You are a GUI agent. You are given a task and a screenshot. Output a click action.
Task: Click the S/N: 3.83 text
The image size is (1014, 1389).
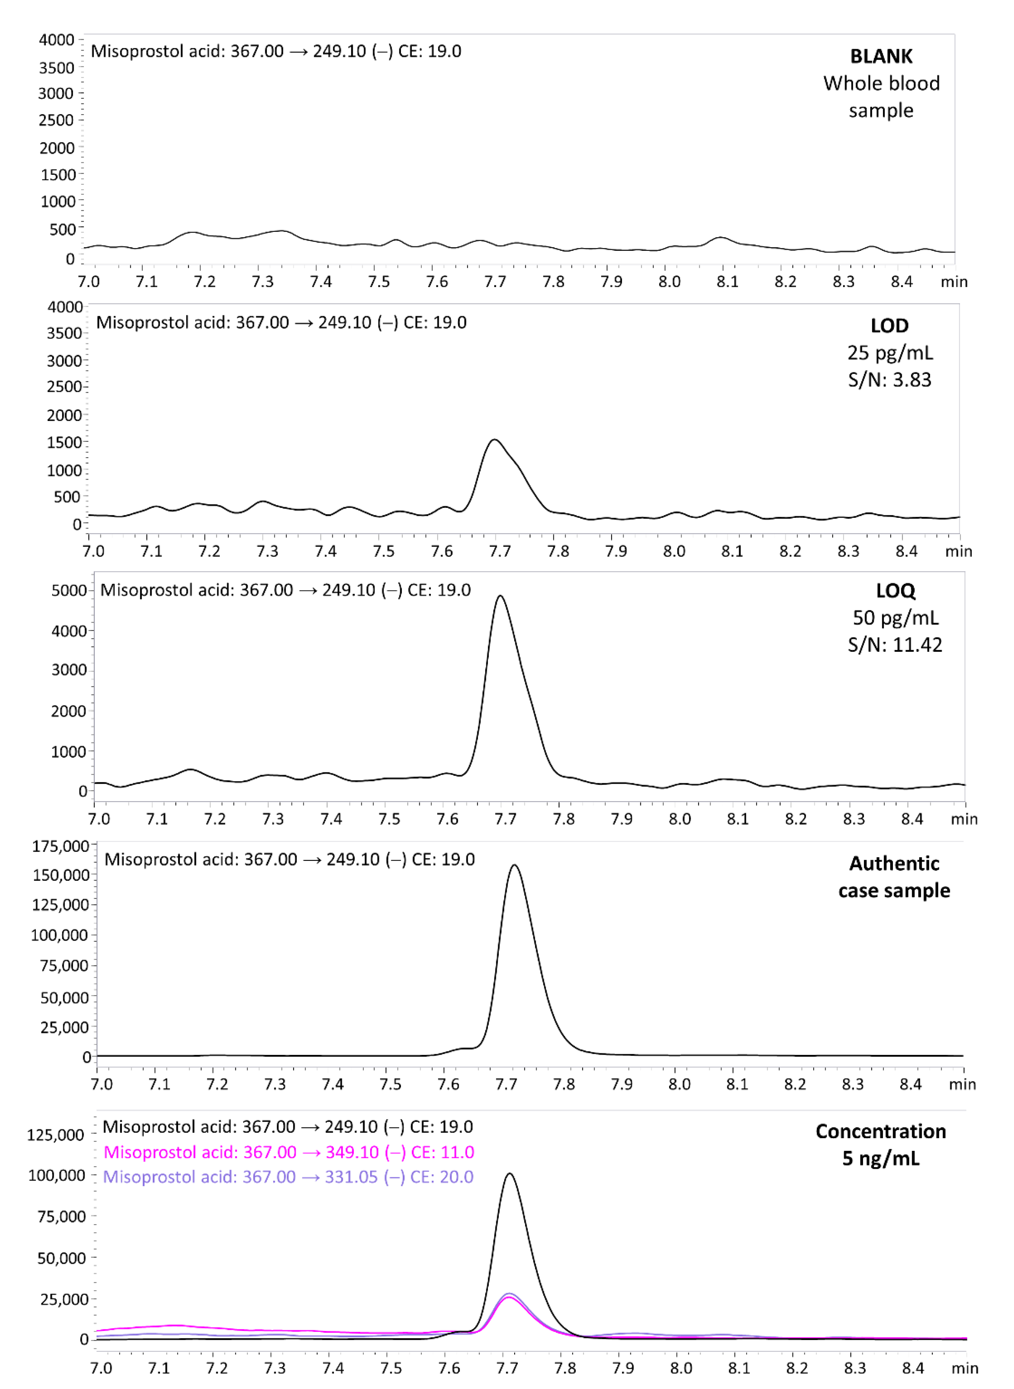(x=890, y=380)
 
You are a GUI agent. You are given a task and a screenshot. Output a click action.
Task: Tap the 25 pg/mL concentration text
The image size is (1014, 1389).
(x=890, y=353)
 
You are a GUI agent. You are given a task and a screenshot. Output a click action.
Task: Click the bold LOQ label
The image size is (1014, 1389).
(x=896, y=591)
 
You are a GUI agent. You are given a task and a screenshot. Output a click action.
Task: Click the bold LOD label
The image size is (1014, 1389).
(x=890, y=326)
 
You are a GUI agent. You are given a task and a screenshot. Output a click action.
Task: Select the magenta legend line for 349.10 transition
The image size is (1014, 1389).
(x=288, y=1152)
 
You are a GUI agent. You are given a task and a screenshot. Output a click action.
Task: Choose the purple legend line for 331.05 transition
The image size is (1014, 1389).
(x=288, y=1177)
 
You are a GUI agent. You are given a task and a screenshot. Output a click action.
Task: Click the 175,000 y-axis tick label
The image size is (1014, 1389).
(x=60, y=847)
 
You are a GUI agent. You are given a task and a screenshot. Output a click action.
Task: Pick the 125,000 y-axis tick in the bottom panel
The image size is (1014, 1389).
(x=55, y=1135)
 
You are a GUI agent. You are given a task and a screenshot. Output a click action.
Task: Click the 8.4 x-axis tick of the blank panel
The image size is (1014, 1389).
(x=902, y=282)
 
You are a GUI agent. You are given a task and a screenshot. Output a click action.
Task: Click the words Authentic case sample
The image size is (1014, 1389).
(x=894, y=877)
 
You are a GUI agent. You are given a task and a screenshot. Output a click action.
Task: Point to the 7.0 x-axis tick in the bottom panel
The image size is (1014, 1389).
(x=101, y=1368)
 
